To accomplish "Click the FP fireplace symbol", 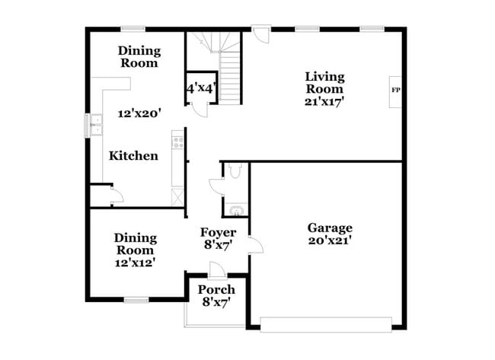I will pyautogui.click(x=395, y=91).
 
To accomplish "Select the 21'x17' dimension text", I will pyautogui.click(x=325, y=101).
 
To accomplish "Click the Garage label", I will pyautogui.click(x=330, y=228).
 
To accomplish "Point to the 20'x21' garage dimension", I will pyautogui.click(x=330, y=241).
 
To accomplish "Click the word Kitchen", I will pyautogui.click(x=133, y=156).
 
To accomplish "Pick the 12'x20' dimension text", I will pyautogui.click(x=139, y=113).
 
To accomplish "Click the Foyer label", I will pyautogui.click(x=218, y=232).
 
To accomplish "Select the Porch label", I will pyautogui.click(x=216, y=290).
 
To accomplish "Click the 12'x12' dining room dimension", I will pyautogui.click(x=135, y=262).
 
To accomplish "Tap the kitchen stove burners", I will pyautogui.click(x=177, y=142).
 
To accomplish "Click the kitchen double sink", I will pyautogui.click(x=96, y=125).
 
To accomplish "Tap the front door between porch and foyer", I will pyautogui.click(x=217, y=270).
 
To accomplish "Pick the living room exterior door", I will pyautogui.click(x=261, y=34).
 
